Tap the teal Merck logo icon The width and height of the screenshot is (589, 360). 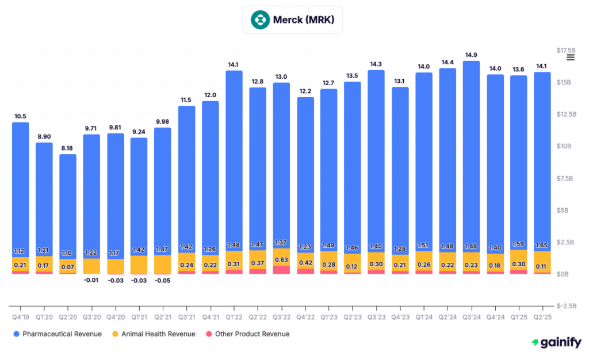pos(260,20)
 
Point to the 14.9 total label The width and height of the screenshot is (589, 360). pos(471,55)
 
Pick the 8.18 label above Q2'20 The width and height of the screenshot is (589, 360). pos(68,148)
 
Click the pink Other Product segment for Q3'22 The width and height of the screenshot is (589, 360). pos(281,270)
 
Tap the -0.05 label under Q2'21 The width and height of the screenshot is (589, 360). pos(163,280)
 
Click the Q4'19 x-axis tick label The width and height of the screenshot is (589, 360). pos(20,316)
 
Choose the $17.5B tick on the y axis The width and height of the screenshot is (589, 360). pos(568,51)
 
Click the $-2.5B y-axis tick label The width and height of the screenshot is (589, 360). pos(568,306)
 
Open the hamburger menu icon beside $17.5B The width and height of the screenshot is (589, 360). pos(571,57)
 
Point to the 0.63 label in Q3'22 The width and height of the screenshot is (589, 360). pos(281,259)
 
